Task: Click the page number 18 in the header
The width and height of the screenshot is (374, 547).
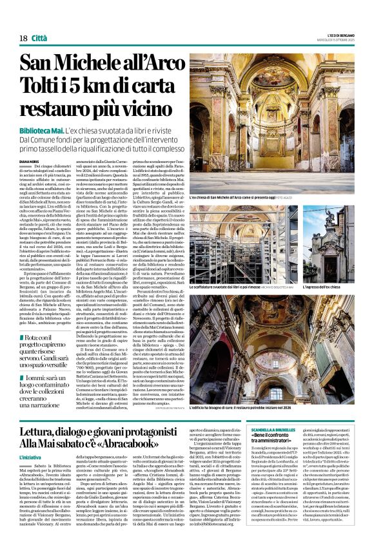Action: (23, 38)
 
